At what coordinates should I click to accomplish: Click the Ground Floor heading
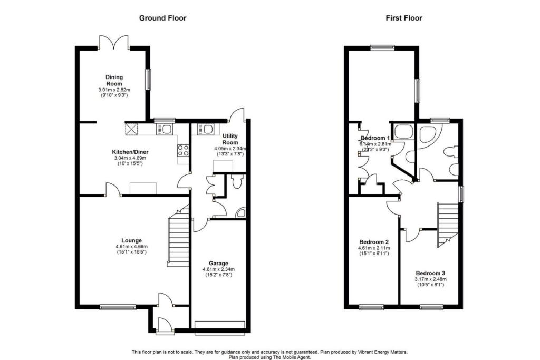click(x=162, y=18)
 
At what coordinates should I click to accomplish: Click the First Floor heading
click(x=403, y=18)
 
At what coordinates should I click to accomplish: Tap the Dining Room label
click(x=114, y=80)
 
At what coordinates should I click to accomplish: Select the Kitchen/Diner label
click(x=130, y=152)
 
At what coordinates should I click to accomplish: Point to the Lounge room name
click(x=131, y=240)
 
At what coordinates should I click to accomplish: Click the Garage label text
click(x=218, y=264)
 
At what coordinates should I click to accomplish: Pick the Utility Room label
click(x=230, y=139)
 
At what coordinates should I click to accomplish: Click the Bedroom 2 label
click(x=374, y=242)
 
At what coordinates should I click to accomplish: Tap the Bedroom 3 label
click(x=430, y=273)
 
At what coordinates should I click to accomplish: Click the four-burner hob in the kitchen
click(x=183, y=150)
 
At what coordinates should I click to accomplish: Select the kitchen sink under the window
click(x=165, y=130)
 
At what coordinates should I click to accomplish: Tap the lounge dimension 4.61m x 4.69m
click(x=131, y=247)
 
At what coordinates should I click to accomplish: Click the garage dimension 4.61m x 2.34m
click(x=219, y=269)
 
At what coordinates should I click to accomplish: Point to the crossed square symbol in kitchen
click(x=131, y=130)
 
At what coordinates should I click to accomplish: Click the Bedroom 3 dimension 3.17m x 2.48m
click(x=430, y=279)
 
